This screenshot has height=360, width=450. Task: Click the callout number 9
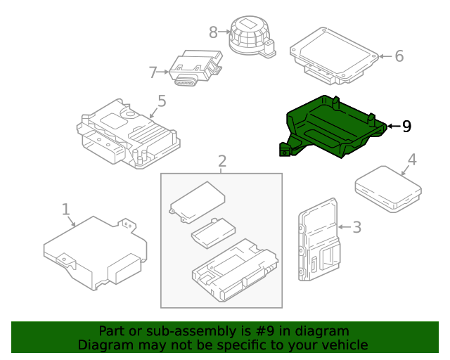click(406, 127)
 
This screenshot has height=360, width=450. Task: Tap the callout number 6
click(399, 56)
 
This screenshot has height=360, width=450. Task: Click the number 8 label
click(214, 32)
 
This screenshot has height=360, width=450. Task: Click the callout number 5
click(162, 101)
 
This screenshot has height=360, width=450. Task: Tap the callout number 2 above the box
click(221, 162)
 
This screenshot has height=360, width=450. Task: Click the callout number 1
click(65, 209)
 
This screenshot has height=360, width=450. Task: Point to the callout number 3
click(356, 226)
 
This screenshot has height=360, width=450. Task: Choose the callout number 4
click(412, 160)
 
